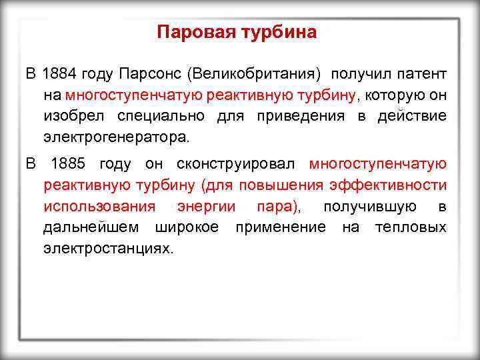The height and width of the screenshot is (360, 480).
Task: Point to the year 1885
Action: click(x=67, y=164)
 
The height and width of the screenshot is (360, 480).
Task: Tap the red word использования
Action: click(x=99, y=207)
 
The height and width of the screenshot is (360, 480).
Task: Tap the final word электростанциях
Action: click(x=108, y=249)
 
